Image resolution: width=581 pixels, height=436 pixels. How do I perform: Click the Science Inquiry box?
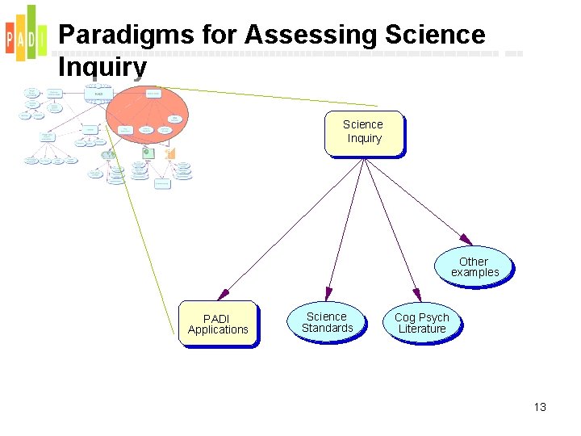363,132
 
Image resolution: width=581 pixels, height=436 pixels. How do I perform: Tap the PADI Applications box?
218,324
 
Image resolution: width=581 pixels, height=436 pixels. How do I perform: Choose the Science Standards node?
327,322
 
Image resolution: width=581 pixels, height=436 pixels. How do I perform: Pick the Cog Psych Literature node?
421,323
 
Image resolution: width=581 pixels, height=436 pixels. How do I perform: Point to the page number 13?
540,407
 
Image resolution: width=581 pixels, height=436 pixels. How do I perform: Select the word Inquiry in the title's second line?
102,67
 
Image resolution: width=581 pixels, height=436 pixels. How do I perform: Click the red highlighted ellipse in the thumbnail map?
148,110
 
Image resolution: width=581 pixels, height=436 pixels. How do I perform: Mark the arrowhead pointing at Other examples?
467,240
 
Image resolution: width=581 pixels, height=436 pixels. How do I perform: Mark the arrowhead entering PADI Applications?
222,295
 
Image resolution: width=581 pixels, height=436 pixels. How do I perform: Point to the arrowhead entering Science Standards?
328,293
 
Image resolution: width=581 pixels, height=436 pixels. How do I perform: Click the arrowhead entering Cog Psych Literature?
416,296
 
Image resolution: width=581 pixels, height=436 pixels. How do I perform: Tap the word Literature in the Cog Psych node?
421,329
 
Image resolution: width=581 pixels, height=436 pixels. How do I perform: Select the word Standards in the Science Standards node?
327,328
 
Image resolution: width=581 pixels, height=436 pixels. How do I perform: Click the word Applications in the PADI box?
218,329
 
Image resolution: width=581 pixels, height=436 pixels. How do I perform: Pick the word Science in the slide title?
436,35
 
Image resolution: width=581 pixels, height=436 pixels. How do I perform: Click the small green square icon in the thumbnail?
148,153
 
